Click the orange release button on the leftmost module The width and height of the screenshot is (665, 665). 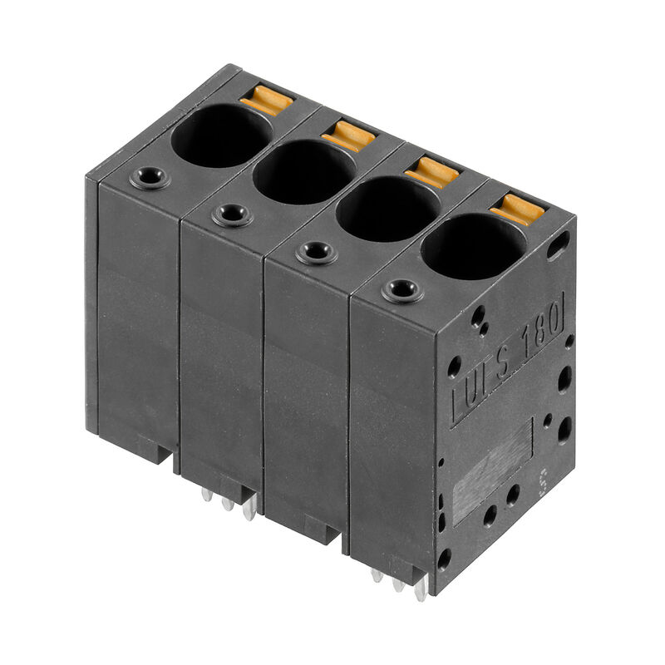267,101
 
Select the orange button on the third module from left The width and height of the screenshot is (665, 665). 432,172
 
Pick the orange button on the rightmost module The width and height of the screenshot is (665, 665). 517,209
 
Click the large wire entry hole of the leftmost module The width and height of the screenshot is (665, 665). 222,135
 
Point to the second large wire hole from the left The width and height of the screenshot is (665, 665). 304,171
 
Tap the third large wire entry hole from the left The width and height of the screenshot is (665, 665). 388,208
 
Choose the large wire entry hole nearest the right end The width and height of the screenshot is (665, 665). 474,246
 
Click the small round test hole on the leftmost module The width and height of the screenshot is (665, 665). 150,177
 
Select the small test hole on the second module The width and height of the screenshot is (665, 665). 232,214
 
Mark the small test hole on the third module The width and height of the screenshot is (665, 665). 317,252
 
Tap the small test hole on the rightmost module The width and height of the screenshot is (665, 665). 402,290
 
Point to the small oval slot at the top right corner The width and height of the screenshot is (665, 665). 559,244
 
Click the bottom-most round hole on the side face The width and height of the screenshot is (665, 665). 445,559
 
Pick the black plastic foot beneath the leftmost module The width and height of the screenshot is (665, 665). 150,449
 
